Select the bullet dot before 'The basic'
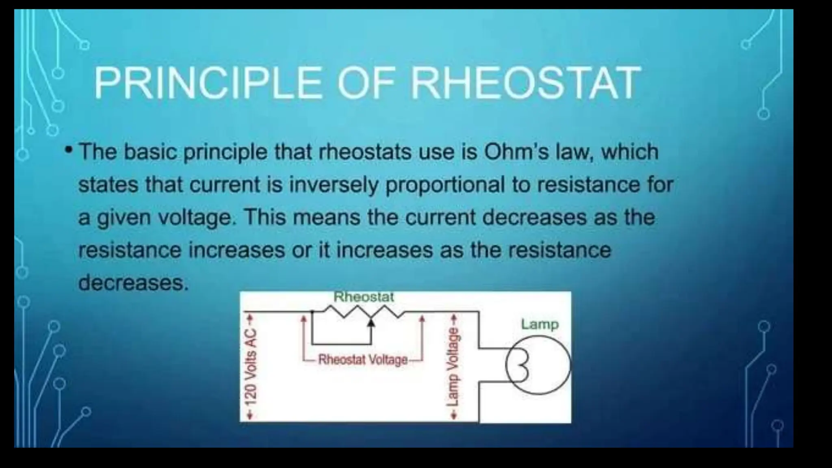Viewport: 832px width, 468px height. pyautogui.click(x=69, y=151)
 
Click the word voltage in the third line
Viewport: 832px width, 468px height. pyautogui.click(x=195, y=218)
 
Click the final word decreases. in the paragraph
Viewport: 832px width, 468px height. pyautogui.click(x=133, y=282)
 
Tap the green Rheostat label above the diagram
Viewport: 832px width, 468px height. pyautogui.click(x=364, y=297)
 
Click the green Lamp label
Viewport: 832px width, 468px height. pyautogui.click(x=540, y=324)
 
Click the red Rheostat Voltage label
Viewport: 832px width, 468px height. pyautogui.click(x=363, y=360)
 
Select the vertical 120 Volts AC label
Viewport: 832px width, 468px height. pyautogui.click(x=251, y=366)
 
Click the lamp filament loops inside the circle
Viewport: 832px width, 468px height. pyautogui.click(x=521, y=365)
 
